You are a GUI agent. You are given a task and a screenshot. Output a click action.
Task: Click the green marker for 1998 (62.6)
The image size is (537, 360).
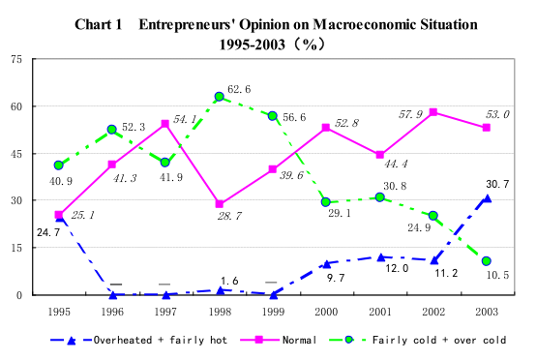click(x=220, y=97)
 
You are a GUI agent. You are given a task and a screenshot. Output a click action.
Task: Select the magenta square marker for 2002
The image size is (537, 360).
click(x=433, y=112)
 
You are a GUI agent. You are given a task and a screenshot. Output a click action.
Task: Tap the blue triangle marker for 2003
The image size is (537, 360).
click(x=487, y=198)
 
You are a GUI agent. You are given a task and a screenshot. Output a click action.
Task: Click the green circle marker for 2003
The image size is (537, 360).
click(x=487, y=261)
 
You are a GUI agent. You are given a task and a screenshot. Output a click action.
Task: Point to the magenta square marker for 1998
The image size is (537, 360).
click(x=220, y=204)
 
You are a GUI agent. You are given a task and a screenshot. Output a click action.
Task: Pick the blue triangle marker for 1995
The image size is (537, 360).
click(x=59, y=218)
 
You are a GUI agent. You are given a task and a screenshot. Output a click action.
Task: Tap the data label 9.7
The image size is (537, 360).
click(x=335, y=278)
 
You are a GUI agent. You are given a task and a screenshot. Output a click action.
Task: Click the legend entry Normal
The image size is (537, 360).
click(x=295, y=341)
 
